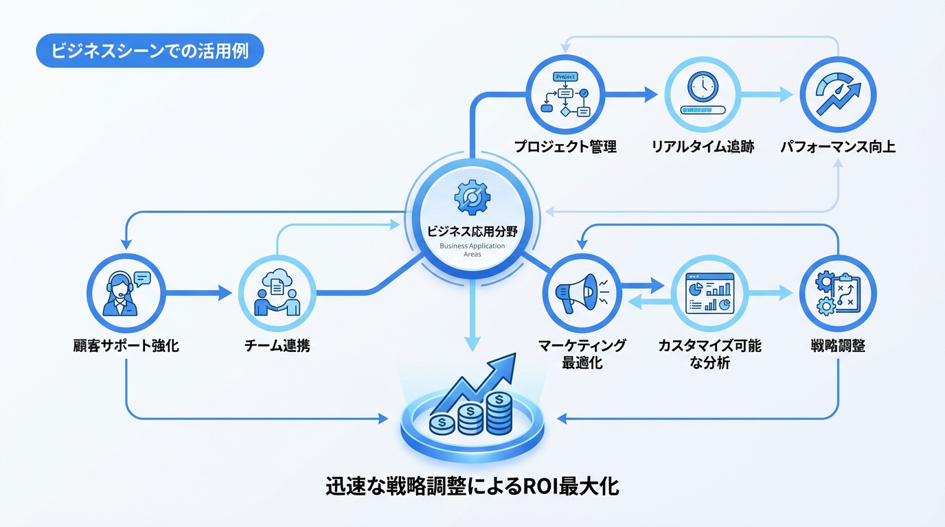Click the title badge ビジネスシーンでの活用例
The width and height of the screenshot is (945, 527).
coord(150,51)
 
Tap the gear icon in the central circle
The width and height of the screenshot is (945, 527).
coord(472,198)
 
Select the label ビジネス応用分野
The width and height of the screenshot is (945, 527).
coord(472,231)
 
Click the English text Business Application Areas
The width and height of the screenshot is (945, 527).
coord(472,250)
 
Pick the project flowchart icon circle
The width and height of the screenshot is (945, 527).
coord(565,95)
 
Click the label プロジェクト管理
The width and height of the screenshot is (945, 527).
coord(565,146)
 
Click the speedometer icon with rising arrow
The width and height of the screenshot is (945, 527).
coord(838,95)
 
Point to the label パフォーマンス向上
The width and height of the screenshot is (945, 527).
coord(838,146)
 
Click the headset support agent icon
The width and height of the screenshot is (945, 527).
coord(126,293)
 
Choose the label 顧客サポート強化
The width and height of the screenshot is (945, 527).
coord(126,345)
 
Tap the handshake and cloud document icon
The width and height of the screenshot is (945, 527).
coord(277,293)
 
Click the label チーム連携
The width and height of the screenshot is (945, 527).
coord(277,345)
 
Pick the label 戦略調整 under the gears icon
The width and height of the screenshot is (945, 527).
coord(838,345)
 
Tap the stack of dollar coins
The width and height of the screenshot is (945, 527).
coord(471,415)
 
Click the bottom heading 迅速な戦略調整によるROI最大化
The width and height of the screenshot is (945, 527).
coord(472,487)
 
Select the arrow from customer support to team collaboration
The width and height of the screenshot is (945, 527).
coord(199,294)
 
